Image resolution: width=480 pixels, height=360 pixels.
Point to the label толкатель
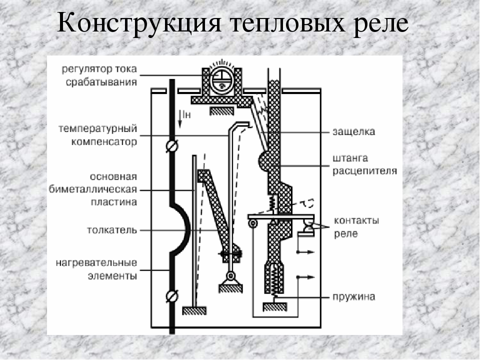click(112, 230)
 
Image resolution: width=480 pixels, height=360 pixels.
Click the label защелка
click(354, 132)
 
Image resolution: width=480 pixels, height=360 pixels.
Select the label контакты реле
click(356, 226)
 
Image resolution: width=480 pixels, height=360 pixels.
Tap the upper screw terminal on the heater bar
click(172, 146)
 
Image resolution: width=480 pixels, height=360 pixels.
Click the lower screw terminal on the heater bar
click(172, 296)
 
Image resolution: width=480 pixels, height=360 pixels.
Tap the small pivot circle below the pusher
click(230, 276)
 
